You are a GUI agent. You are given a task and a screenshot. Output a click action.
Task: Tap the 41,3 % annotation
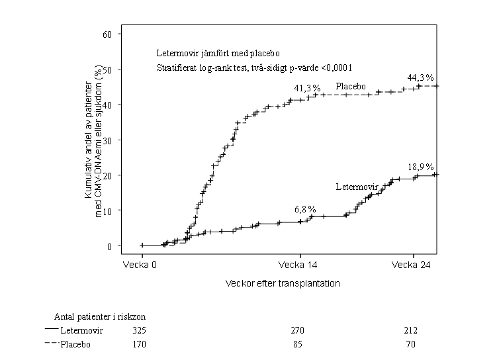point(308,88)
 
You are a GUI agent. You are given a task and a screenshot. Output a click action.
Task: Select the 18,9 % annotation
point(421,167)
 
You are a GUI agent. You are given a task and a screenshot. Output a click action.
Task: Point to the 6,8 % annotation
point(305,209)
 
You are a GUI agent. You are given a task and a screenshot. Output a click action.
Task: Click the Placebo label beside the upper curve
point(351,86)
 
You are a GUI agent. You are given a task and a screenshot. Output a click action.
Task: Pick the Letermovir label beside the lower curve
point(357,187)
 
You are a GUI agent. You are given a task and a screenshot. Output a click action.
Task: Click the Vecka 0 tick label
point(141,265)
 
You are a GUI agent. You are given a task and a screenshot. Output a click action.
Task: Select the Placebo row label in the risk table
point(75,344)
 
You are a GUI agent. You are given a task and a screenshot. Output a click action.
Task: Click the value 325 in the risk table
point(139,330)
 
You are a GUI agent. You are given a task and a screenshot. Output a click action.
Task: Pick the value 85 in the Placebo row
point(300,344)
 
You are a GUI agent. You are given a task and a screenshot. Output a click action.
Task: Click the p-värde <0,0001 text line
point(254,67)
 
